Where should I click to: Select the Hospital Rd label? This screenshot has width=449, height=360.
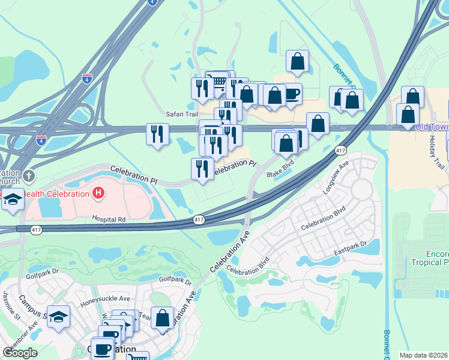109,220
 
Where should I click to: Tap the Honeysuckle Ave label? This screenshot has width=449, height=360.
106,299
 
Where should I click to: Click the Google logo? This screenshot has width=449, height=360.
20,352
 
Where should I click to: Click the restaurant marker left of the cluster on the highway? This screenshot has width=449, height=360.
158,133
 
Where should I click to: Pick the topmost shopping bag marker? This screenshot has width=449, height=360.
298,61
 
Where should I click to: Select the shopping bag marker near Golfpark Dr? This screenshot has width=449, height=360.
162,317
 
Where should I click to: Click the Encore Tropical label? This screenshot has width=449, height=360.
429,258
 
